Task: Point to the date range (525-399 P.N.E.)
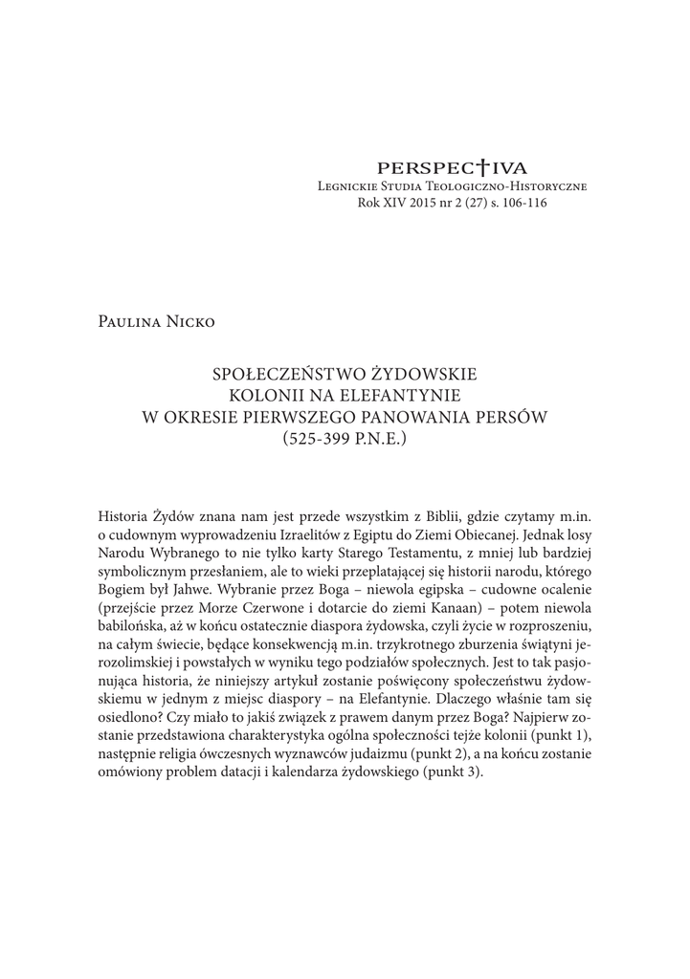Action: point(345,439)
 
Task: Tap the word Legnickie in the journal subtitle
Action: point(350,186)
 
